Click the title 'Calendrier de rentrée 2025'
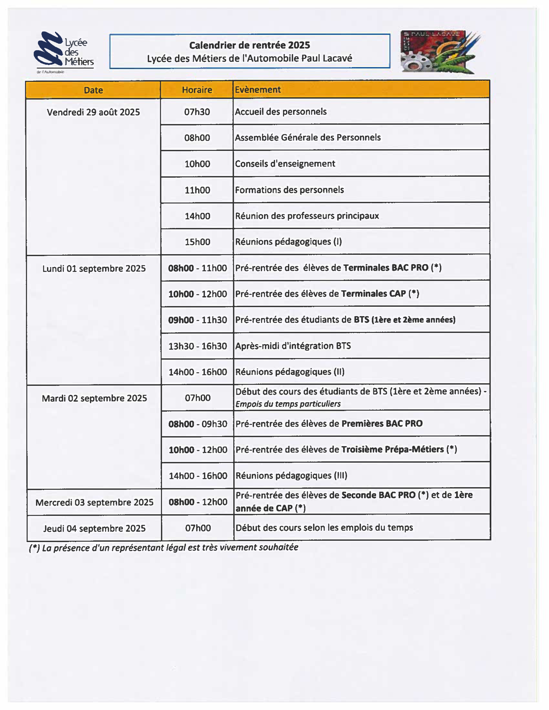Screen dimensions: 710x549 point(250,45)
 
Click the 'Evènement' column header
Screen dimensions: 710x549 point(257,90)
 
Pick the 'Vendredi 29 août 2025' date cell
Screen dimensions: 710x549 point(93,112)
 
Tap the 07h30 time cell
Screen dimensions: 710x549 point(197,112)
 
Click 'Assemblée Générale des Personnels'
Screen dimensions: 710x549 point(308,137)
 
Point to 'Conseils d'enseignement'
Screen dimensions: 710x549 point(285,164)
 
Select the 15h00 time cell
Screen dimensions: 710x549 point(197,242)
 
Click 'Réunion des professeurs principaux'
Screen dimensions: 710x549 point(307,216)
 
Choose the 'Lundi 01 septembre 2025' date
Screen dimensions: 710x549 point(94,269)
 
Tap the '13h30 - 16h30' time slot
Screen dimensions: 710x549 point(197,346)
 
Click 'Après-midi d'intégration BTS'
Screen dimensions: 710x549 point(293,346)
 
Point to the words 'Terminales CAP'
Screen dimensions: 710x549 point(373,293)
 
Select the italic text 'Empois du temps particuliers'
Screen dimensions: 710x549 point(288,404)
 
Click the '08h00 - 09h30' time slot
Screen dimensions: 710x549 point(198,424)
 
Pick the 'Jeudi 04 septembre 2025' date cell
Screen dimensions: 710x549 point(94,528)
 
